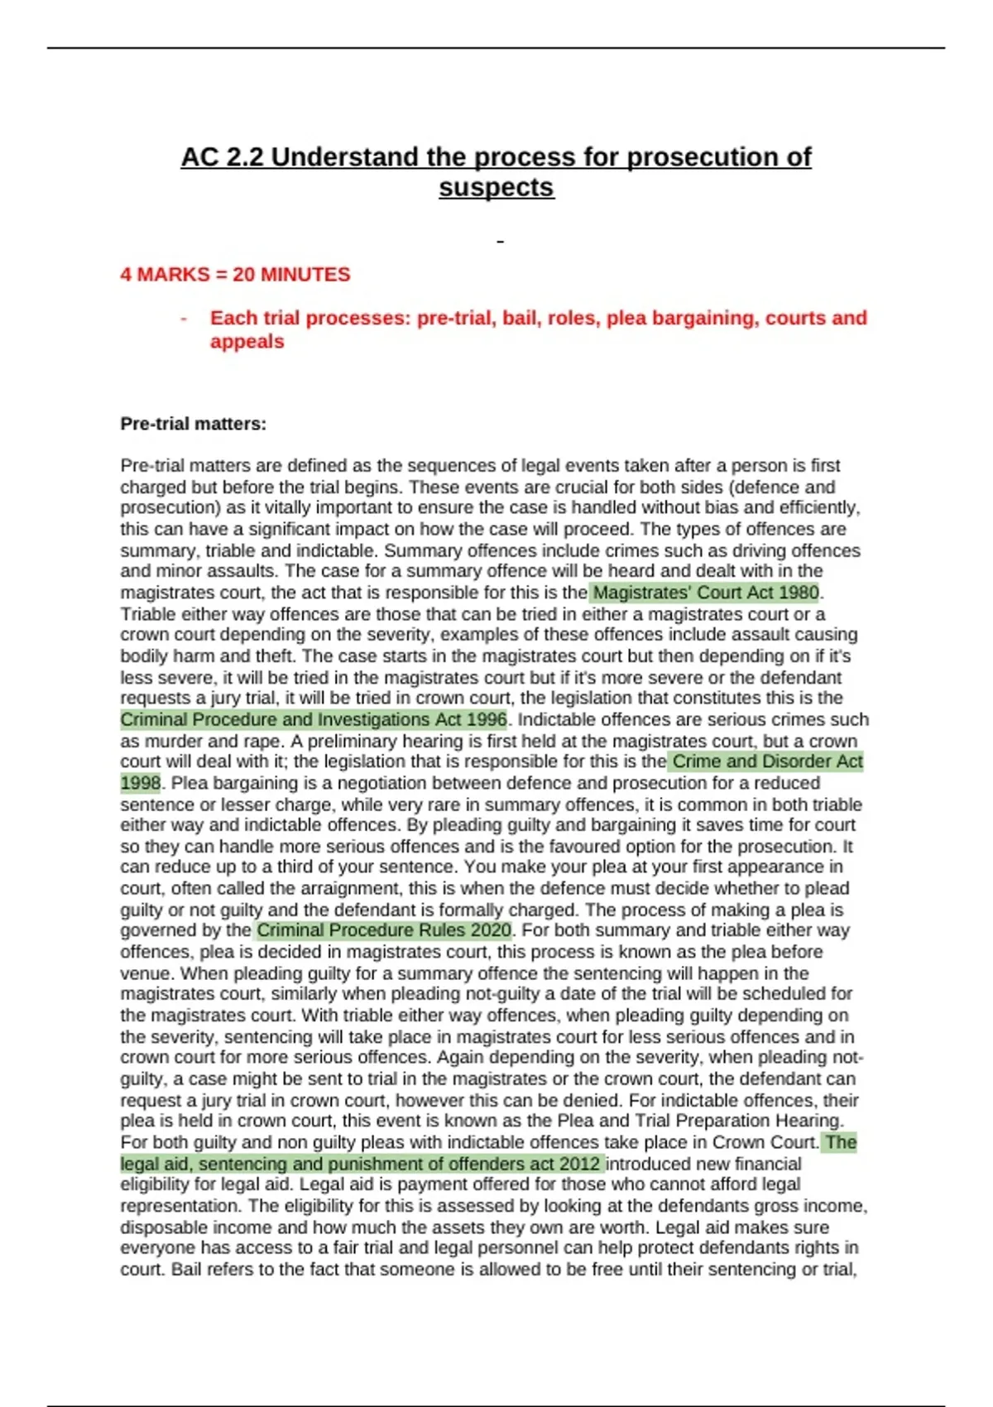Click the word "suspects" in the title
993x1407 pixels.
click(x=496, y=188)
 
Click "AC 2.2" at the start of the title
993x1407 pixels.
click(x=222, y=157)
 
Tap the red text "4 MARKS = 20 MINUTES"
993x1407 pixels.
click(x=235, y=275)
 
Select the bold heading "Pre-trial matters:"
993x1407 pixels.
click(x=194, y=425)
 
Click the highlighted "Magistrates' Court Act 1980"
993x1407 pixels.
click(x=706, y=593)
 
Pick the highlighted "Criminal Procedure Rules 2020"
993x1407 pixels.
click(x=384, y=931)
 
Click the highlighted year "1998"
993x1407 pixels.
click(x=140, y=783)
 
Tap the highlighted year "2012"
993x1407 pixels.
click(x=579, y=1164)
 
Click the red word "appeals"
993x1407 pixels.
click(x=247, y=342)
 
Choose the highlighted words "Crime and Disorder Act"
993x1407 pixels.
click(x=767, y=762)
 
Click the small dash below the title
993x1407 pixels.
click(x=500, y=242)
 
